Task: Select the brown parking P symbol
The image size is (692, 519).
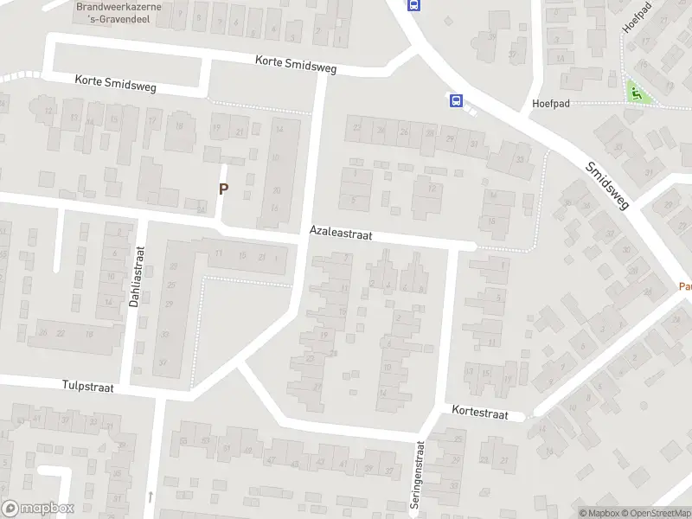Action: click(223, 189)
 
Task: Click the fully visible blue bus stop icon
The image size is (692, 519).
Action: click(455, 101)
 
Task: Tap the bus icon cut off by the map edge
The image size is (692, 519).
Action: click(414, 4)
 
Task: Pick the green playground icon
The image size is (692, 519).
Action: click(637, 93)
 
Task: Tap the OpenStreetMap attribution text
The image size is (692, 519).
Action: click(655, 513)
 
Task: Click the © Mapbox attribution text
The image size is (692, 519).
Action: click(599, 513)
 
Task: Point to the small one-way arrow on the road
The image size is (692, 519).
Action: click(150, 497)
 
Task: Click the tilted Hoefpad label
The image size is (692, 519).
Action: click(638, 16)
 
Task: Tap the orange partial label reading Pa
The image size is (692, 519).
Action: click(684, 286)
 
